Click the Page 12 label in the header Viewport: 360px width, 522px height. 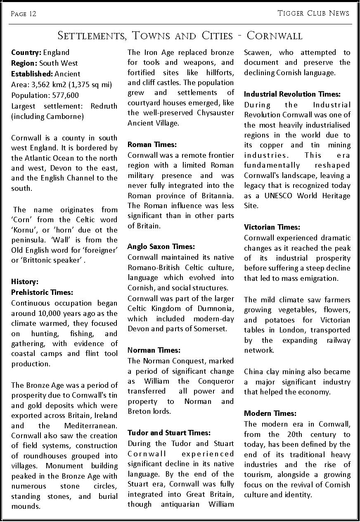pyautogui.click(x=24, y=14)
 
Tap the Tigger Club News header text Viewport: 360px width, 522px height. pyautogui.click(x=313, y=13)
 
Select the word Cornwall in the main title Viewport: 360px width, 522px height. pyautogui.click(x=275, y=36)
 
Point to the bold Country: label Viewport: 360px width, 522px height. pyautogui.click(x=26, y=52)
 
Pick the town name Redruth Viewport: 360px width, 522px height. pyautogui.click(x=104, y=106)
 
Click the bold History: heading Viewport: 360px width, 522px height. pyautogui.click(x=25, y=282)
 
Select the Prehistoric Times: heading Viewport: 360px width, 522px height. pyautogui.click(x=42, y=292)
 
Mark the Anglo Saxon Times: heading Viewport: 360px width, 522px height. pyautogui.click(x=161, y=247)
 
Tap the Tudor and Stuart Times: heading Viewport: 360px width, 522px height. pyautogui.click(x=169, y=433)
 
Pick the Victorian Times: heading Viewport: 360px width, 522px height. pyautogui.click(x=272, y=227)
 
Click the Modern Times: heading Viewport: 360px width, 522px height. pyautogui.click(x=270, y=413)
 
